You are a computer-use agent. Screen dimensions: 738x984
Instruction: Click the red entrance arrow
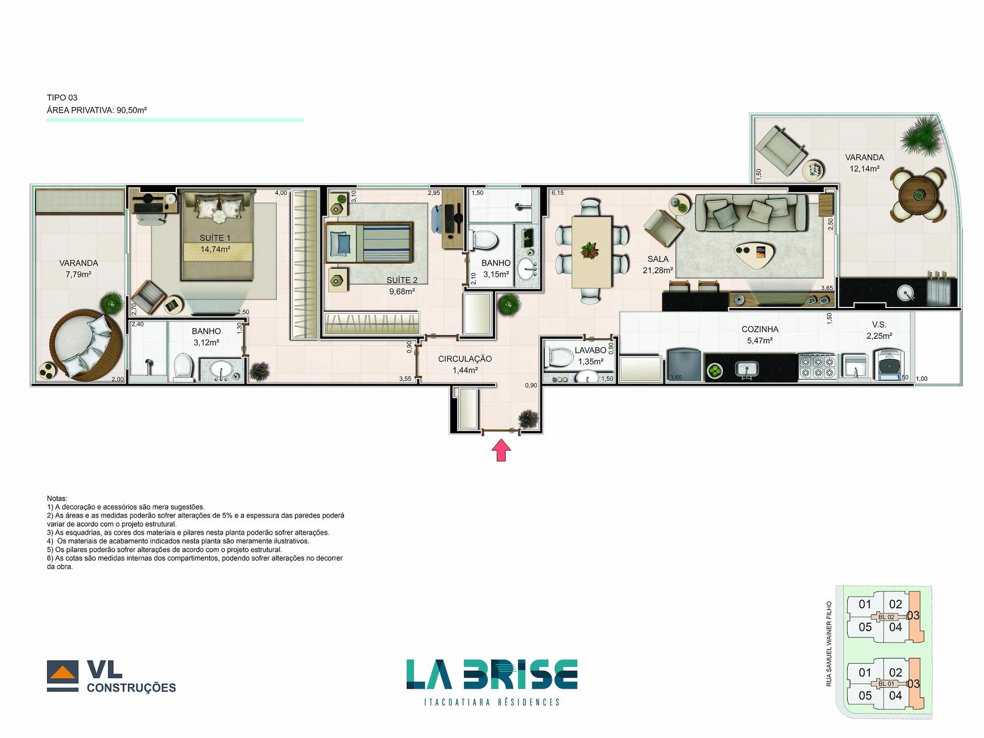click(x=501, y=451)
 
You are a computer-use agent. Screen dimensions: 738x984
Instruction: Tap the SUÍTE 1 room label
click(x=215, y=238)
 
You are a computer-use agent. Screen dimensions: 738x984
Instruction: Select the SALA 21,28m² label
click(x=658, y=264)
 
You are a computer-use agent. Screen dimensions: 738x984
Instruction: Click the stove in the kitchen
click(x=817, y=367)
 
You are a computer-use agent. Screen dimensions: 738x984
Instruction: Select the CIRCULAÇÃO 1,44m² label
click(x=465, y=364)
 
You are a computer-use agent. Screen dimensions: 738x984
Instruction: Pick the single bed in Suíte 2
click(x=369, y=243)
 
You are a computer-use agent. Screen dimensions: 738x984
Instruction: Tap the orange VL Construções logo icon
click(x=63, y=673)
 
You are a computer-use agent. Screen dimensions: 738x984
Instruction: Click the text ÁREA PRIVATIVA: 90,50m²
click(x=97, y=110)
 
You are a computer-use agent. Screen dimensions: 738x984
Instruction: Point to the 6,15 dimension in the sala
click(x=558, y=193)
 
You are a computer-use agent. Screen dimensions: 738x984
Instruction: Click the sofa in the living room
click(x=750, y=211)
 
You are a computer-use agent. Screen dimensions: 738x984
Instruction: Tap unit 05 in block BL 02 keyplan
click(x=865, y=627)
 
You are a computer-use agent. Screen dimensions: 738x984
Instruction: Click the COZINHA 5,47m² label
click(x=760, y=335)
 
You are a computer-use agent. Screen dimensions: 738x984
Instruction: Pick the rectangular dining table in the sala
click(x=591, y=252)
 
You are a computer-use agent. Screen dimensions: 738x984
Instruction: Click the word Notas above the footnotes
click(x=57, y=498)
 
